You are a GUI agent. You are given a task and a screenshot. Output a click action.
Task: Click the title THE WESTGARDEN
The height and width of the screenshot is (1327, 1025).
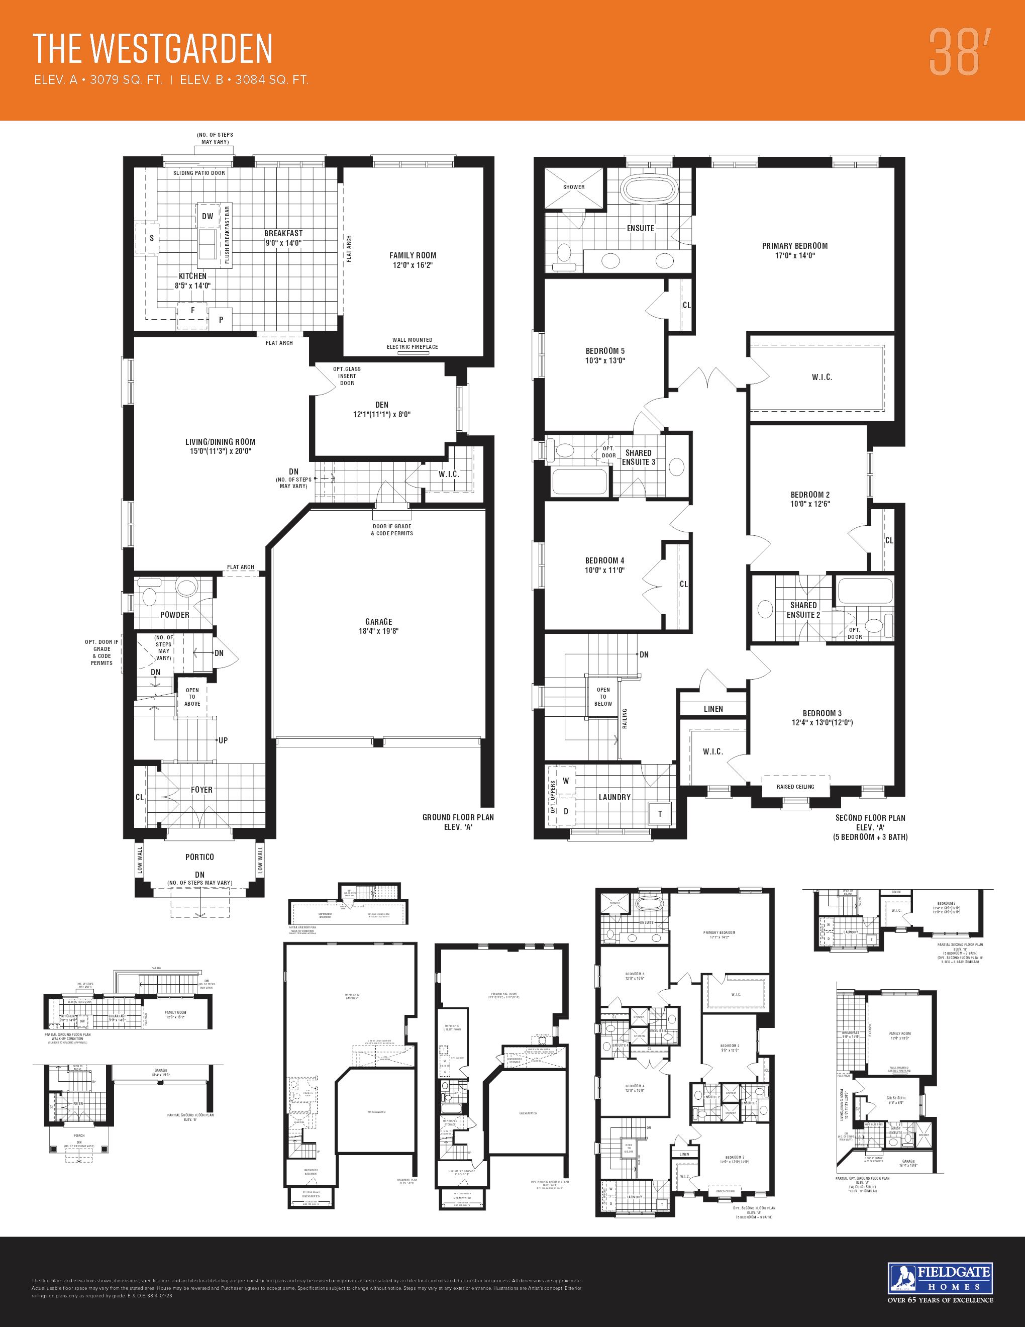point(152,49)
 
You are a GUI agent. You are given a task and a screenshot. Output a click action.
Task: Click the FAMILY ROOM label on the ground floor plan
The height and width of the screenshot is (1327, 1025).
point(413,260)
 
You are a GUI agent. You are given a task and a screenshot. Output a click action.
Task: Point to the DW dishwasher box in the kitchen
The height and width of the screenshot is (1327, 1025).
point(208,216)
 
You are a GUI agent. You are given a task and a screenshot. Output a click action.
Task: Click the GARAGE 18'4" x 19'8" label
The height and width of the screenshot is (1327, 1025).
point(378,626)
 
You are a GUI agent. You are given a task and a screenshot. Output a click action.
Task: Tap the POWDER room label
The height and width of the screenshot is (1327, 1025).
point(175,614)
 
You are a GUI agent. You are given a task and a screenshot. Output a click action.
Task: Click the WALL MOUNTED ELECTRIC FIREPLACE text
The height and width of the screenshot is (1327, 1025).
point(413,343)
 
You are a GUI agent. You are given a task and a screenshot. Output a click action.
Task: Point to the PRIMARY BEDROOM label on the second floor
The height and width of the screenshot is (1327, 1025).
point(795,250)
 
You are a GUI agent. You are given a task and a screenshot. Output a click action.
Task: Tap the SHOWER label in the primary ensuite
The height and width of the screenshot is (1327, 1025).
point(574,187)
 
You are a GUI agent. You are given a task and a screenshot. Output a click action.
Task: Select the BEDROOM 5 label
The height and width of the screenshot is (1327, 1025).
point(605,355)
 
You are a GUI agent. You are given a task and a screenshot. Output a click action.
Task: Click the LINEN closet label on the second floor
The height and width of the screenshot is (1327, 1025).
point(713,708)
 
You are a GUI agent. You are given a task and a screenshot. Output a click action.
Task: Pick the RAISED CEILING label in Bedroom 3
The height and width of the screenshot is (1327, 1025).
point(795,786)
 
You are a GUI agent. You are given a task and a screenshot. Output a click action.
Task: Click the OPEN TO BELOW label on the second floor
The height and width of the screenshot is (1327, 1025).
point(603,696)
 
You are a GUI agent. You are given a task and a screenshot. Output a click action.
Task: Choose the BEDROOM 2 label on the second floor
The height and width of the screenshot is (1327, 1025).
point(810,499)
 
